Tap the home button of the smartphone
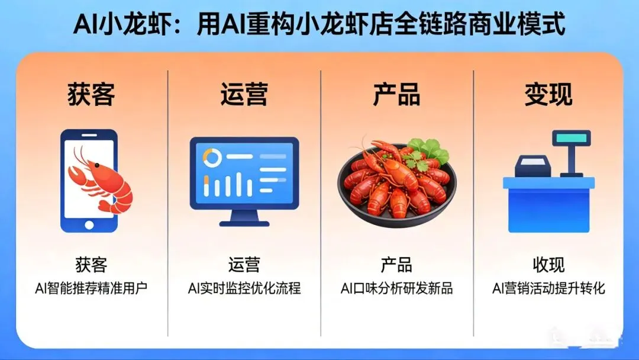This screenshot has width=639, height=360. [89, 224]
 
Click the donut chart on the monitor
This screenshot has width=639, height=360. [211, 157]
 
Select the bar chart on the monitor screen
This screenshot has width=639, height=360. [222, 185]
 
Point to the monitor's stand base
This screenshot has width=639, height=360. [244, 224]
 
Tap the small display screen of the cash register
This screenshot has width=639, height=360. [571, 138]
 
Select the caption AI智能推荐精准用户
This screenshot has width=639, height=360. [91, 289]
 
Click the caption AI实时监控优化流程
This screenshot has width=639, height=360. [244, 289]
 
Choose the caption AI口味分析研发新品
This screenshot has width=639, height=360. [396, 289]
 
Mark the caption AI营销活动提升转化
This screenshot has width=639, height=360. [548, 289]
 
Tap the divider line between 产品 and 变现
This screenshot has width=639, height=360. [473, 201]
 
